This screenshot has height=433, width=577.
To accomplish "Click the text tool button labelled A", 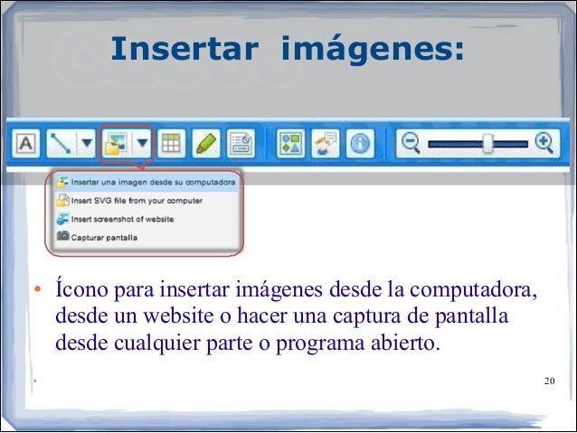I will (x=26, y=143).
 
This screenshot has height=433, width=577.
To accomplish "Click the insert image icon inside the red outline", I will (x=115, y=143).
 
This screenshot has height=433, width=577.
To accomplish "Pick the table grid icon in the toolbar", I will (x=170, y=143).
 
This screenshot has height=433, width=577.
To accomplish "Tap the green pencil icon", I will (x=205, y=143).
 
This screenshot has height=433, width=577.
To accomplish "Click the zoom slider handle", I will (x=487, y=143).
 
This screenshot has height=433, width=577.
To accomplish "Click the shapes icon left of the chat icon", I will (x=290, y=143).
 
